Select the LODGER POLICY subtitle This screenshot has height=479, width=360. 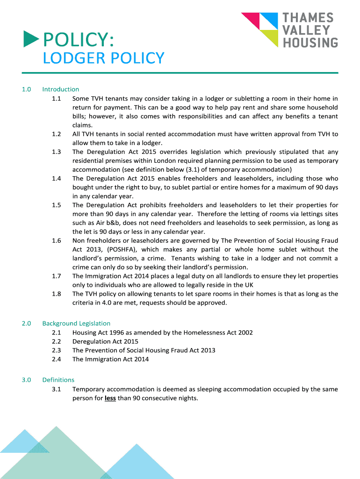(103, 58)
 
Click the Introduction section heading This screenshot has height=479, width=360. (60, 89)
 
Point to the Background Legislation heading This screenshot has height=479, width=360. (76, 323)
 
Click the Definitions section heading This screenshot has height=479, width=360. (58, 380)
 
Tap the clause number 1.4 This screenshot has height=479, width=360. (57, 179)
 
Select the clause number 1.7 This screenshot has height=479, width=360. (57, 276)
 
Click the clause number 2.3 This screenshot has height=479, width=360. (57, 350)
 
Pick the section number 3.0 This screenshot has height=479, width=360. (26, 380)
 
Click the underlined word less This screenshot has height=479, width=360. (110, 398)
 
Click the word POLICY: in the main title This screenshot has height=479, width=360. (79, 40)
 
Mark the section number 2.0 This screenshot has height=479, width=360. (26, 323)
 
